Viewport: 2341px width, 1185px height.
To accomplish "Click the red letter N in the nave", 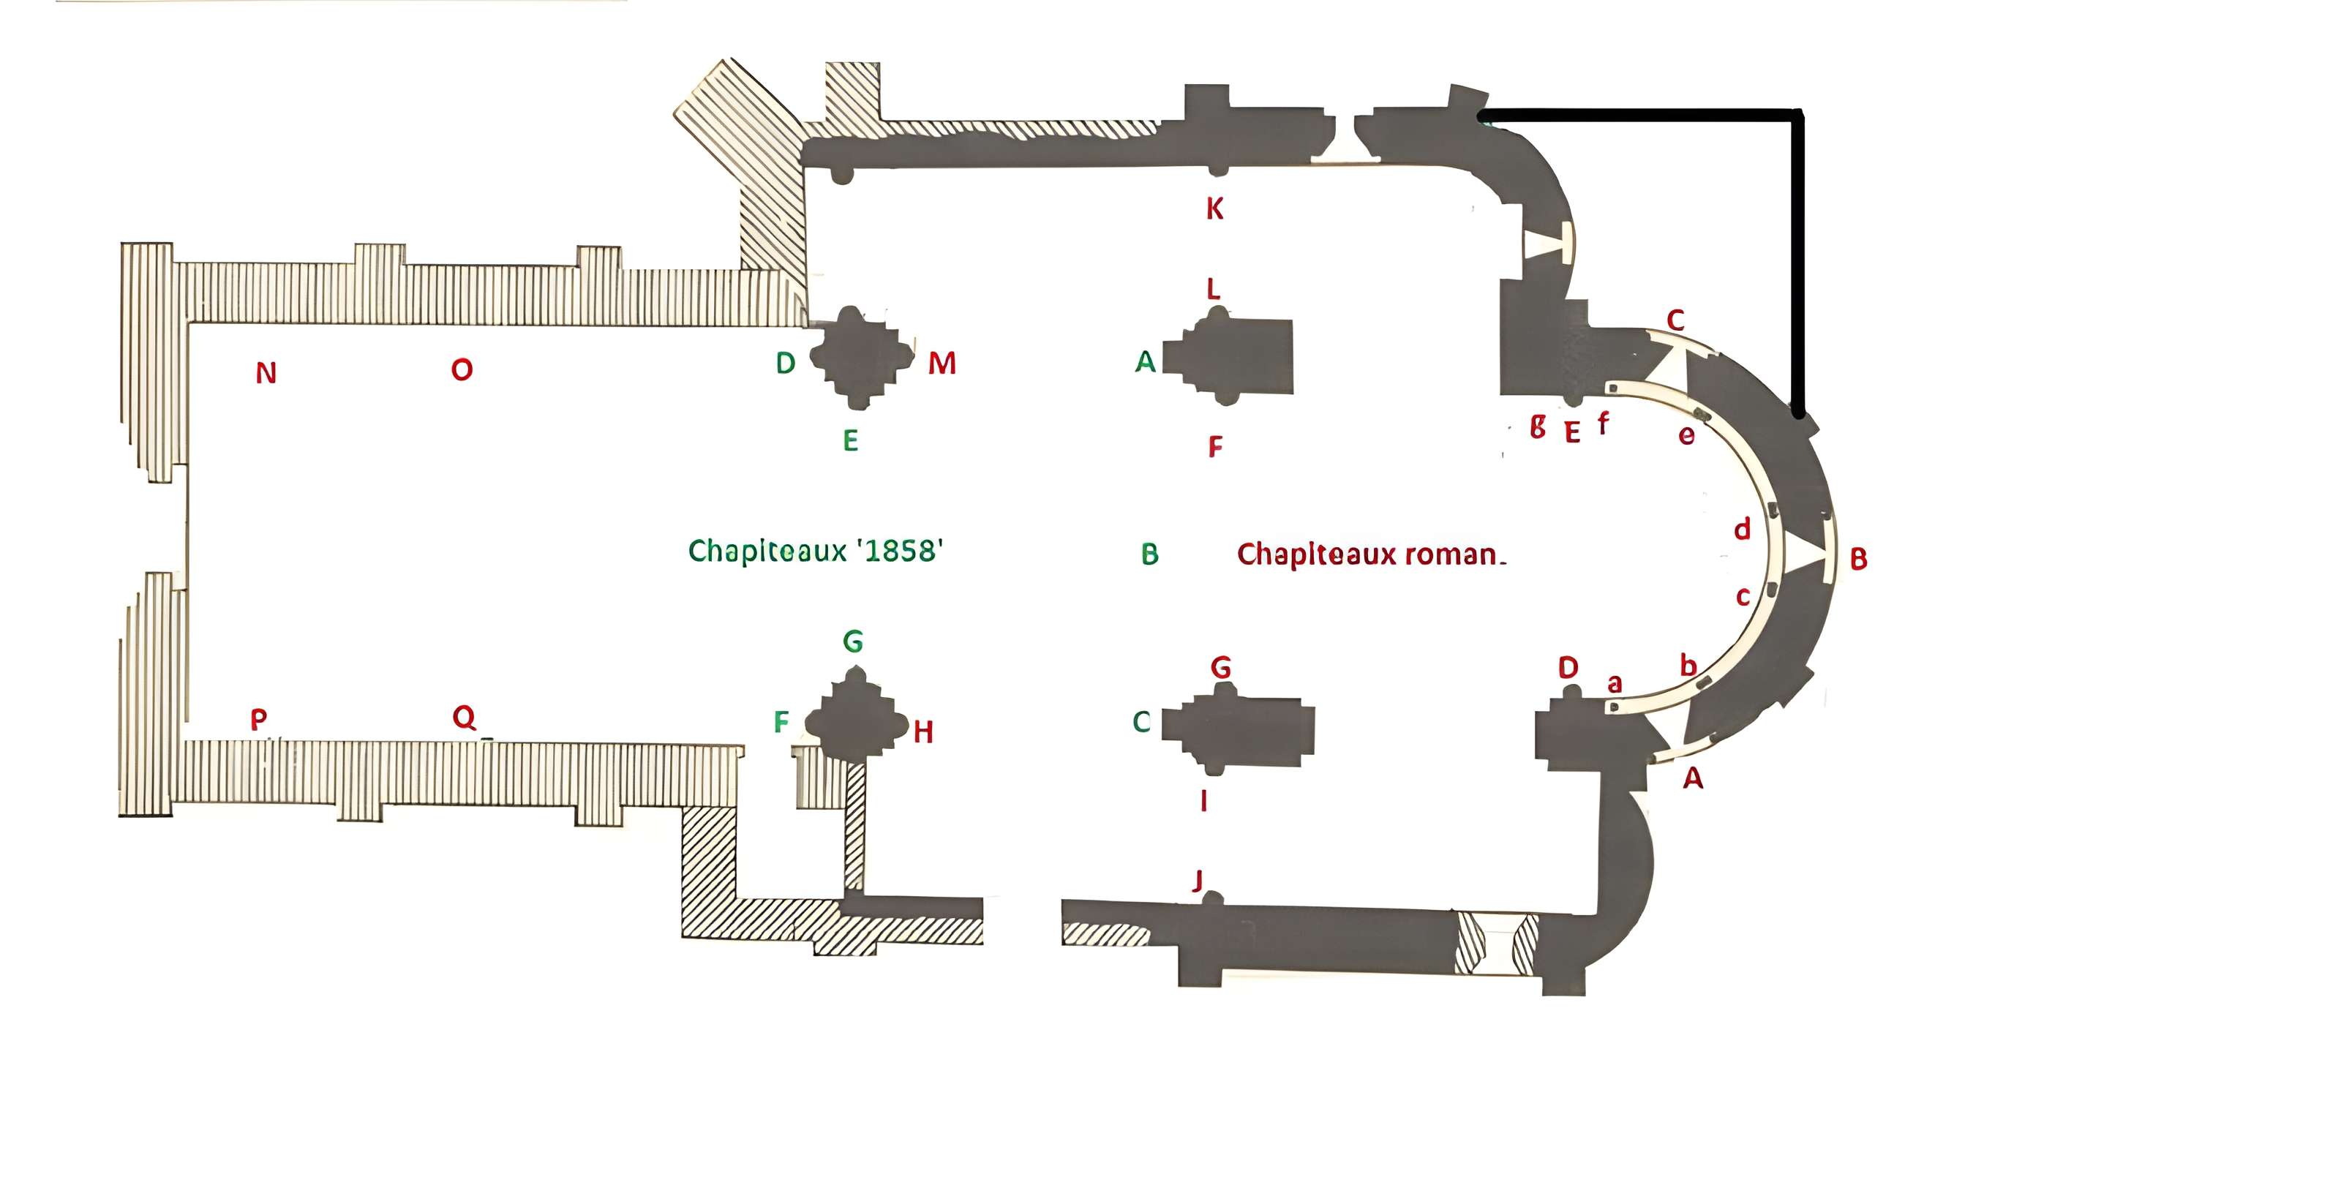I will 266,372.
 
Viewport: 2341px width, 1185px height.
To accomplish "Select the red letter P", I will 259,720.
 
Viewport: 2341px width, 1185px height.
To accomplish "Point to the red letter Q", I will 465,717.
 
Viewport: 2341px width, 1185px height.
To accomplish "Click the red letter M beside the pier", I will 942,364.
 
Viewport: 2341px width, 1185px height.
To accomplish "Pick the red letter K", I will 1214,209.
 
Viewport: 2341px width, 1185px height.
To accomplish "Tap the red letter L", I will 1212,289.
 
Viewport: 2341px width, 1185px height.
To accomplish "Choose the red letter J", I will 1198,880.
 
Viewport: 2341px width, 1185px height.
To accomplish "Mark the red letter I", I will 1204,800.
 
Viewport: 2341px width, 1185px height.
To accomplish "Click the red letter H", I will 923,731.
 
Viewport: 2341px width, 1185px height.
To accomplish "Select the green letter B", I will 1149,554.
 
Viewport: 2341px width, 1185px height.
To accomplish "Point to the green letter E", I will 851,441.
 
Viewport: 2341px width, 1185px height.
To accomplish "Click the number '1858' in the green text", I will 900,551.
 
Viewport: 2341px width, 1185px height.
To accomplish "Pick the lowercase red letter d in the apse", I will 1741,529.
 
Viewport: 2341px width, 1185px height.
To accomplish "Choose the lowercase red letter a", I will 1615,683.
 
